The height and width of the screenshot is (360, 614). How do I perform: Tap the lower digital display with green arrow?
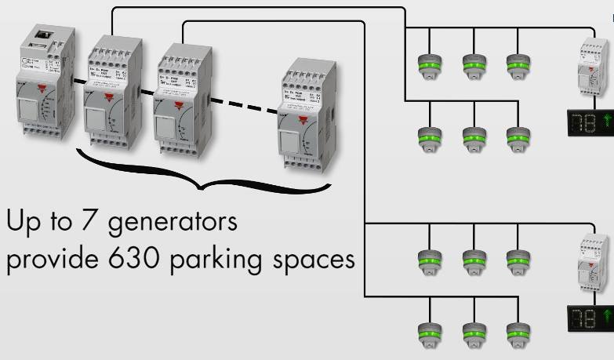pyautogui.click(x=590, y=315)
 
